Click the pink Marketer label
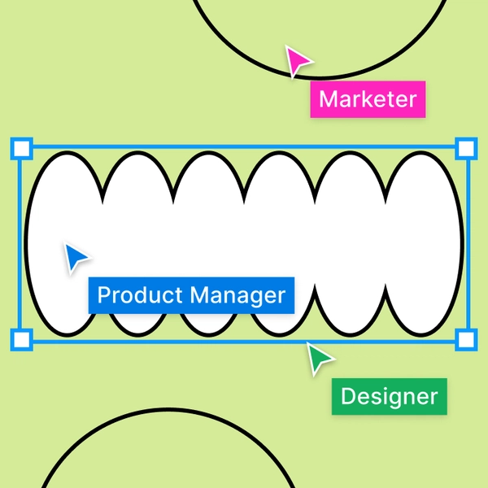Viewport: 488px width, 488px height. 368,100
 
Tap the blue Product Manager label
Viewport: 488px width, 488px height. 191,294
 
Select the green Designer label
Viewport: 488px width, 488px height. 389,397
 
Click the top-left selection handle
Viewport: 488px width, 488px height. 21,148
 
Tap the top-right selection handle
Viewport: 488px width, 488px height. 465,148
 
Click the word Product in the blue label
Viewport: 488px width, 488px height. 139,294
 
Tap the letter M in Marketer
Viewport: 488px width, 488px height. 329,100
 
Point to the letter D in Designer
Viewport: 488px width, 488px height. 348,397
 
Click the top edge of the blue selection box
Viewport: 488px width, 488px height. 244,148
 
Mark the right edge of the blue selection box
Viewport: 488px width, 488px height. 465,244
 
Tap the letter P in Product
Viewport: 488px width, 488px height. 103,294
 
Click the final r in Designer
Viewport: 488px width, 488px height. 434,399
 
